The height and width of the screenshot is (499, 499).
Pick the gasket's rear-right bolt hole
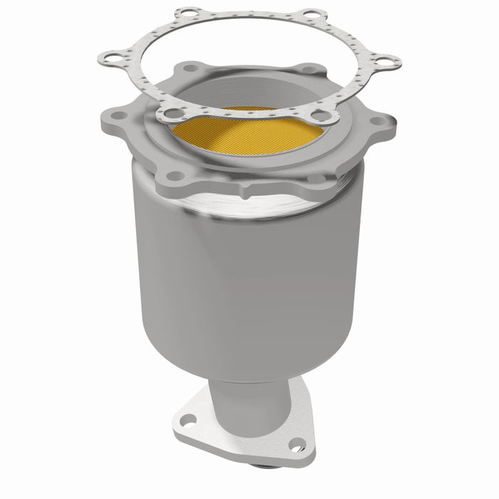312,14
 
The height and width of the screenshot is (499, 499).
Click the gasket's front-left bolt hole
169,113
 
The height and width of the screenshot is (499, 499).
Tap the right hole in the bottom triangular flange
298,446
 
